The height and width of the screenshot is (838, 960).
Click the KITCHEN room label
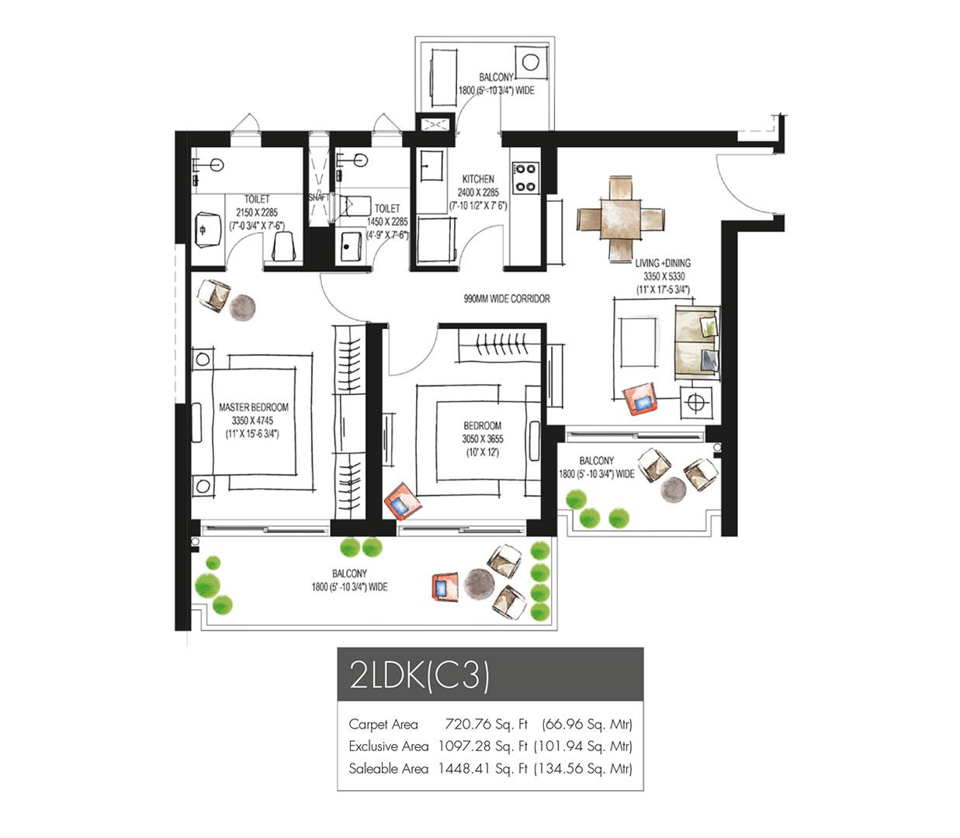point(477,179)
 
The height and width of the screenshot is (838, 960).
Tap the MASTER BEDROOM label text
point(253,407)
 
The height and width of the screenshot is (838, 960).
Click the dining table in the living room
point(620,219)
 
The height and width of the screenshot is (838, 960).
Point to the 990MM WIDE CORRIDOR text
point(507,299)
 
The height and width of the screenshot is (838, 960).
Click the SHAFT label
point(319,197)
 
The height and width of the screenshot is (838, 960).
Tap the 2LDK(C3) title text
point(420,676)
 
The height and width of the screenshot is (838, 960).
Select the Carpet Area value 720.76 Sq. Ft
point(486,724)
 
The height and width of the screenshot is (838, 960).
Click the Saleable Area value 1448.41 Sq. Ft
point(483,769)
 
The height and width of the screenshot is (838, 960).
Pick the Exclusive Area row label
point(389,746)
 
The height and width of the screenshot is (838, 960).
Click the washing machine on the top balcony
point(532,62)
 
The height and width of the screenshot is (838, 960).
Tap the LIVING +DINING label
point(663,263)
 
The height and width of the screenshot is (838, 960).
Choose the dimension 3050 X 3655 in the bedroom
point(483,439)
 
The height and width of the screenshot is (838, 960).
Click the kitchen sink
point(431,165)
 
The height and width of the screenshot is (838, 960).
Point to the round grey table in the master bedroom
point(242,307)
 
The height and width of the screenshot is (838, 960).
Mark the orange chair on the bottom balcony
point(444,586)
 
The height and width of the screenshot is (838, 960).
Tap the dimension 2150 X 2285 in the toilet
point(257,213)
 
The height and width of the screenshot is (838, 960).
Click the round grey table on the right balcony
point(674,489)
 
